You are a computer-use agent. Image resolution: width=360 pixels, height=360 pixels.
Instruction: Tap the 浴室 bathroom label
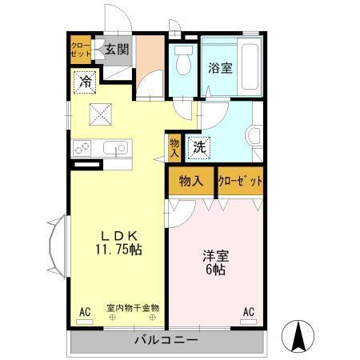(222, 67)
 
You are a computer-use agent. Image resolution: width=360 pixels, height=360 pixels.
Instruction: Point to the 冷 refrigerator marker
(85, 80)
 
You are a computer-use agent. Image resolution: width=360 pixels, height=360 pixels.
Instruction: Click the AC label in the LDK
(84, 311)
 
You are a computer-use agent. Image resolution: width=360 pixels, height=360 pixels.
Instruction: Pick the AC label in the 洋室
(248, 311)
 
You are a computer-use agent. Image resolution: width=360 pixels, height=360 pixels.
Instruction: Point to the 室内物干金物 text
(132, 307)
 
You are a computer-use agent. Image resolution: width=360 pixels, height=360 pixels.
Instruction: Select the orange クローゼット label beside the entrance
(81, 50)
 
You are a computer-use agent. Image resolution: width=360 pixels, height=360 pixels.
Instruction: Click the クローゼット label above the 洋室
(240, 182)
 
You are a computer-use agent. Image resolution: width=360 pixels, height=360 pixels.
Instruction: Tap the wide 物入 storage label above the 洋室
(191, 182)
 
